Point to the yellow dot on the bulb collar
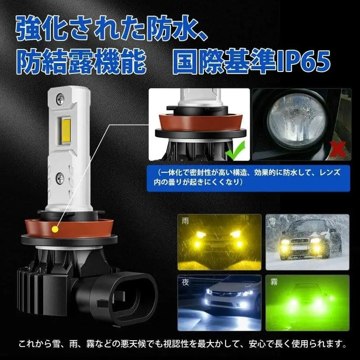[x=55, y=229]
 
